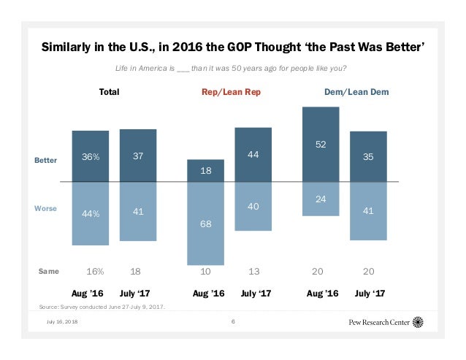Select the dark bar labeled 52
coord(321,145)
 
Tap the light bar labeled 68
coord(207,223)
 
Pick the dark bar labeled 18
coord(207,170)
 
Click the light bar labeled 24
coord(321,199)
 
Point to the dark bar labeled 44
coord(253,155)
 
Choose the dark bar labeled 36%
coord(91,156)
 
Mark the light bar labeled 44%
coord(91,213)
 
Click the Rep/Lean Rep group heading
coord(231,93)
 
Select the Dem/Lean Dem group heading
coord(356,93)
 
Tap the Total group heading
coord(109,93)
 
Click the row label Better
coord(45,159)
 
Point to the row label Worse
coord(45,209)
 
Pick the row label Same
coord(48,271)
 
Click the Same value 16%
coord(95,271)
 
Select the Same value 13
coord(254,271)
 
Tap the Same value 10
coord(207,271)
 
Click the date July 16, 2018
coord(61,322)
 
